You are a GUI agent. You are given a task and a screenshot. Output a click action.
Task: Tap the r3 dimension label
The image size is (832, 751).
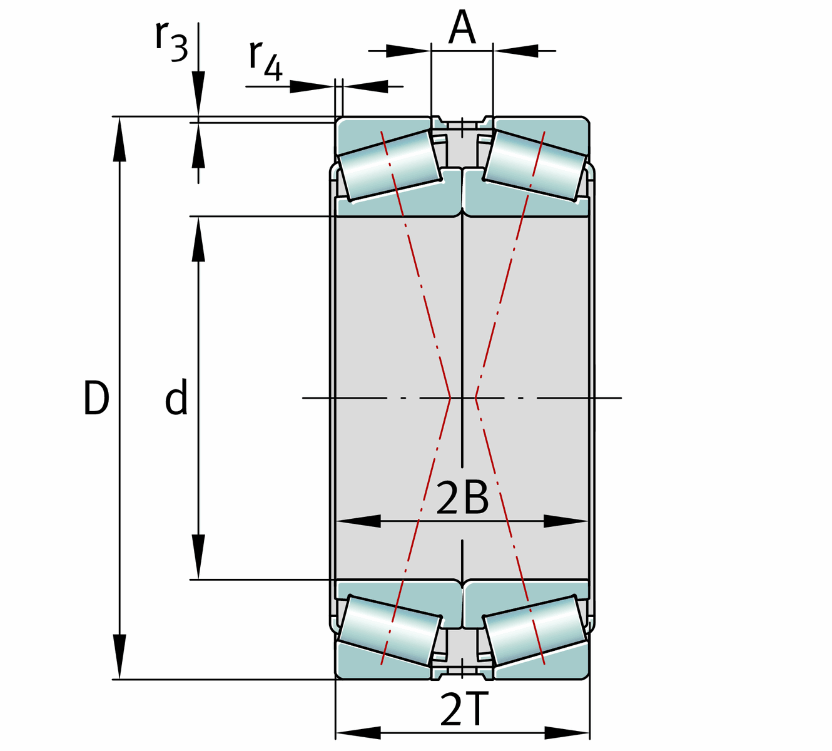pos(171,41)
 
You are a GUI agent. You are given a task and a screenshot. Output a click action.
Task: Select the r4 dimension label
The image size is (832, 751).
pos(266,61)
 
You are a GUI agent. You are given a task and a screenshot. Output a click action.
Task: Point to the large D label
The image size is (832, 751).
pos(96,397)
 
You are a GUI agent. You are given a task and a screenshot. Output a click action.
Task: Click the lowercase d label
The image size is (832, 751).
pos(176,397)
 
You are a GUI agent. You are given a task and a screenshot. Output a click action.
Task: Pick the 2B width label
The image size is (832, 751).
pos(462,498)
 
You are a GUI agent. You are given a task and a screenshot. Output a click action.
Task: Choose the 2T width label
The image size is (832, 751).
pos(462,710)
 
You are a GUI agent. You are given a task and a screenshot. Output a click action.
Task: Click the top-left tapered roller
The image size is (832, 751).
pos(390,165)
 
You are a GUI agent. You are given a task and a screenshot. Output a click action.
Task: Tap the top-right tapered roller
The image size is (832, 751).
pos(535,165)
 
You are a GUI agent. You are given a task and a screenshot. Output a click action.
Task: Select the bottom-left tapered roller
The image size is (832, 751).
pos(390,631)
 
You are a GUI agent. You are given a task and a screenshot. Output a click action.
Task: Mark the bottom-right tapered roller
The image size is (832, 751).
pos(535,631)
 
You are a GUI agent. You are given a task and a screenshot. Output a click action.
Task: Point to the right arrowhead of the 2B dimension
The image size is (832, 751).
pos(566,521)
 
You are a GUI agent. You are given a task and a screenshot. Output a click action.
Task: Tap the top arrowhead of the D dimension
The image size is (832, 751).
pos(119,139)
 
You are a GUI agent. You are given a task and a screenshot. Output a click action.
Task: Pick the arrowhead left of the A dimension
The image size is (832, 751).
pos(408,51)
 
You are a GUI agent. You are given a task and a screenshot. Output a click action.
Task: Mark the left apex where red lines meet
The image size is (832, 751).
pos(450,397)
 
